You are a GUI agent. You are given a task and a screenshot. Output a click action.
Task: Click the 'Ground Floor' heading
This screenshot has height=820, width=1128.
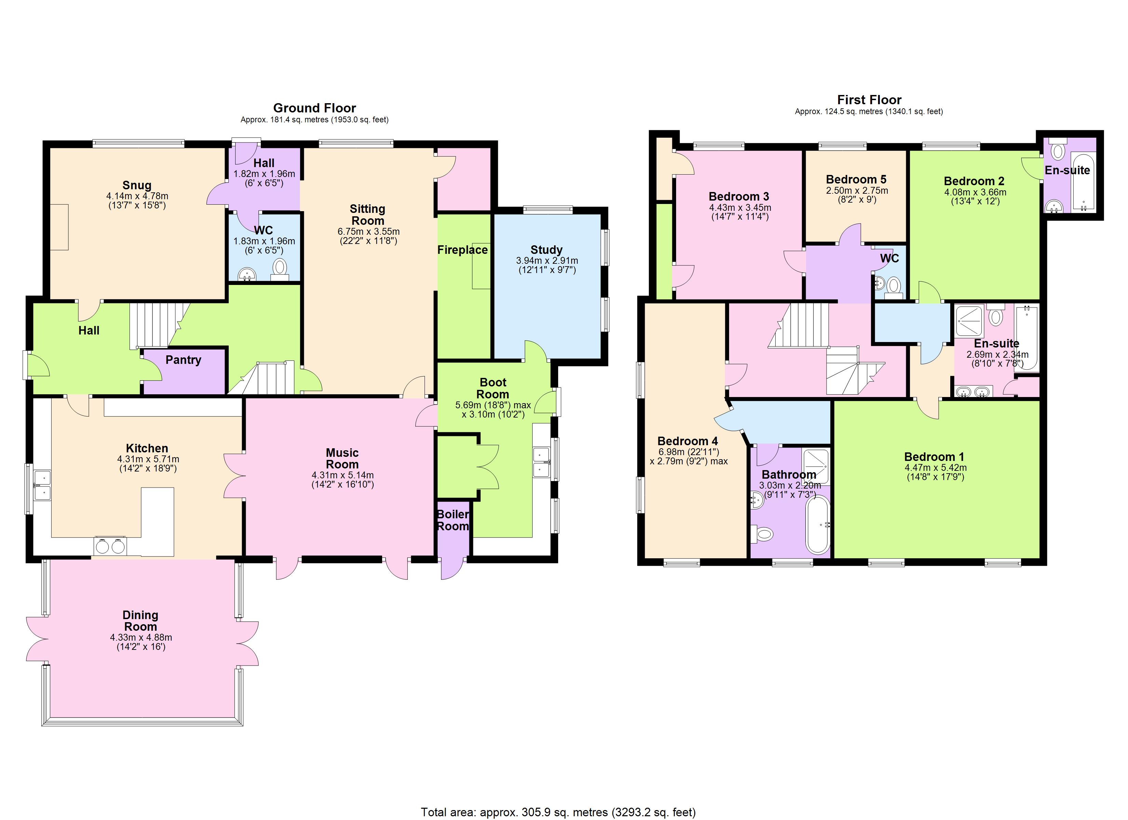[x=314, y=108]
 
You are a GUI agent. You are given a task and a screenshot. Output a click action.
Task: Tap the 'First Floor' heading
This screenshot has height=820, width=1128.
[x=869, y=100]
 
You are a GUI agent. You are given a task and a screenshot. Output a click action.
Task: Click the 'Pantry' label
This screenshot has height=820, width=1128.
[x=183, y=360]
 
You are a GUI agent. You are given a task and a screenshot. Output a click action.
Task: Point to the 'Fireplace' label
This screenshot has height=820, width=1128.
[x=462, y=250]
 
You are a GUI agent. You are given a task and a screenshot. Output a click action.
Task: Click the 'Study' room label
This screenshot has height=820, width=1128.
[x=546, y=250]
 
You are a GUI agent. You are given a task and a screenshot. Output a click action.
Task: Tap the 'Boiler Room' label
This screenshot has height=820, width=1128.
[x=453, y=520]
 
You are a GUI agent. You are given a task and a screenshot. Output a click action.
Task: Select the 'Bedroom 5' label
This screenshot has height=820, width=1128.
[x=856, y=179]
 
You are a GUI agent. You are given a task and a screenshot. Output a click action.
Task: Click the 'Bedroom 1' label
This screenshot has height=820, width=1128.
[x=934, y=456]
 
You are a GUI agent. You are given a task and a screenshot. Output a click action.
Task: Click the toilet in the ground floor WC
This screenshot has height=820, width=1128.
[x=280, y=269]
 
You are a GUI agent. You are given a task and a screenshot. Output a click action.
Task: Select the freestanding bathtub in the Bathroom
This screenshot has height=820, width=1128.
[x=817, y=524]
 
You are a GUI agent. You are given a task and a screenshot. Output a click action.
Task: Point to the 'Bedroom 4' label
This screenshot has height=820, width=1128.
[x=687, y=441]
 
